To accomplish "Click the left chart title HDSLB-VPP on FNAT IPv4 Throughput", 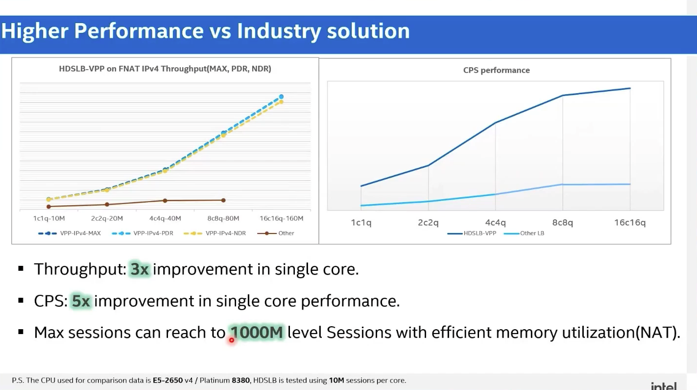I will click(x=165, y=69).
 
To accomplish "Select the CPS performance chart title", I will click(x=496, y=70).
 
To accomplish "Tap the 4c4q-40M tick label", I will click(x=165, y=218).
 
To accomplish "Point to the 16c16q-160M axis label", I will click(x=281, y=218).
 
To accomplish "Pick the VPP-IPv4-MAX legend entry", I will click(x=70, y=233).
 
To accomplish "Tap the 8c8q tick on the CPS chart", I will click(x=562, y=223).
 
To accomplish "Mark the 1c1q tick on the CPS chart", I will click(x=361, y=223).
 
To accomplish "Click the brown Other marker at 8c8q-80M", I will click(x=223, y=200).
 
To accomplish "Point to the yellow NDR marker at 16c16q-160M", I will click(x=281, y=102).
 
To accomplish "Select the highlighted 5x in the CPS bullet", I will click(x=81, y=301).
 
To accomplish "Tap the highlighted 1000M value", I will click(x=257, y=333).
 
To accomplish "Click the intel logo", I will click(x=663, y=386).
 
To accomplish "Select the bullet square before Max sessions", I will click(x=21, y=332).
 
